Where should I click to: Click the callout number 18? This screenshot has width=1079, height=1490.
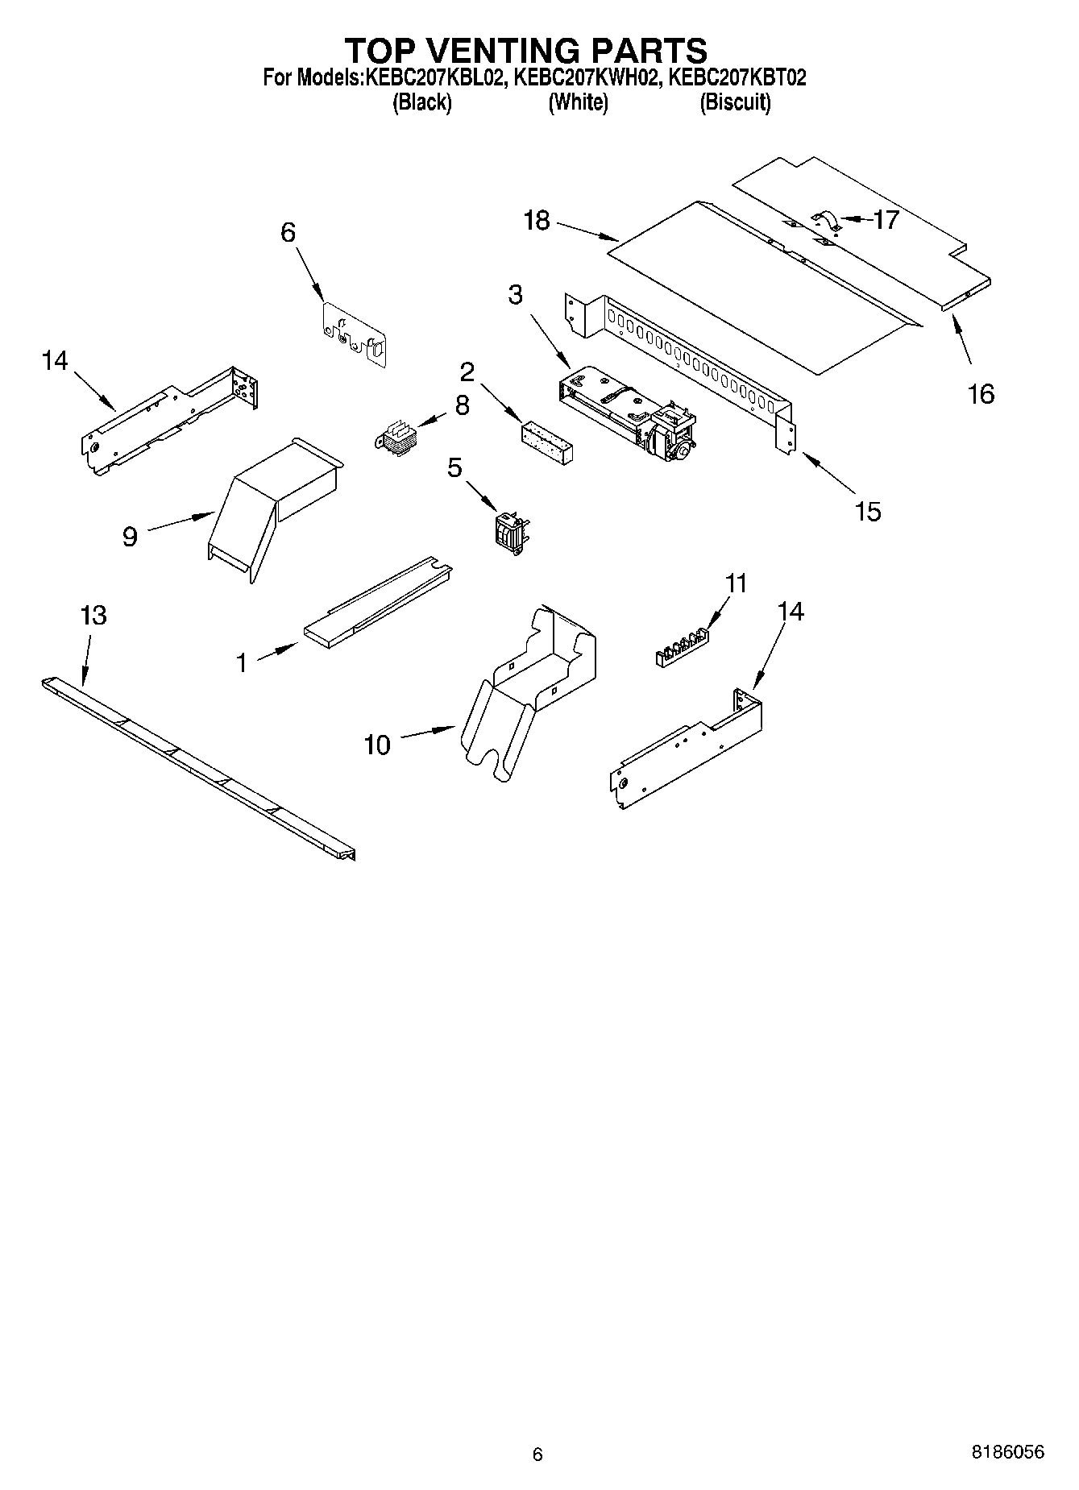click(536, 221)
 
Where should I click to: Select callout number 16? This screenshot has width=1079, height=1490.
click(981, 394)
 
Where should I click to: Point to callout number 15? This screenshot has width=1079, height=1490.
click(867, 511)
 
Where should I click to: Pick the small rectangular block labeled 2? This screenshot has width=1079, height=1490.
click(546, 442)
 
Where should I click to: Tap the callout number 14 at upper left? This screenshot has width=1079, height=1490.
click(55, 360)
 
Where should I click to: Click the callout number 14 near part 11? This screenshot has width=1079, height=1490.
click(791, 612)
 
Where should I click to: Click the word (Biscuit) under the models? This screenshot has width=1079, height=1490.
click(735, 102)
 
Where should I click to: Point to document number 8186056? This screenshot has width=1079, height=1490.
click(1007, 1451)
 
